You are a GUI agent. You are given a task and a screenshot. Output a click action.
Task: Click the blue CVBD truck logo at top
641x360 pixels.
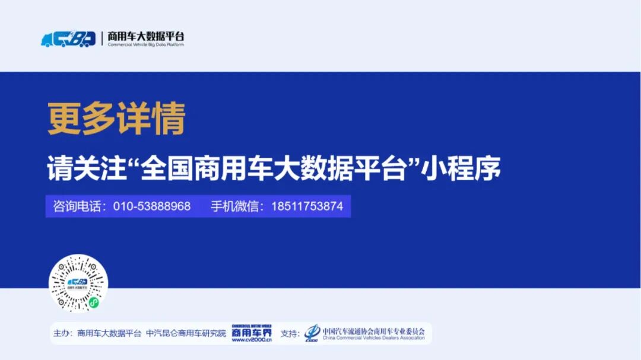coord(68,39)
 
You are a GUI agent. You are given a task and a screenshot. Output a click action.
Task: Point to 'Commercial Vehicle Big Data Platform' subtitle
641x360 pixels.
coord(145,45)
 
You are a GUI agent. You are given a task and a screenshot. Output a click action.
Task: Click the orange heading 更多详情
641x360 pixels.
coord(116,119)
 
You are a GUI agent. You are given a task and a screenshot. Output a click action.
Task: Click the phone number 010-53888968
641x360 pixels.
coord(152,206)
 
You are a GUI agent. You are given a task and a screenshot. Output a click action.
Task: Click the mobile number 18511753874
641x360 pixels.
coord(307,206)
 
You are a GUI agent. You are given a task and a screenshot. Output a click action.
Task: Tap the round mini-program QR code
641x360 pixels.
coord(78,283)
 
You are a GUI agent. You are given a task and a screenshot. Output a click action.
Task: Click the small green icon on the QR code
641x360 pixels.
coord(93,302)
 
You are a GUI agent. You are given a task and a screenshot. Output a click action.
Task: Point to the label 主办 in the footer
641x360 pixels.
coord(62,334)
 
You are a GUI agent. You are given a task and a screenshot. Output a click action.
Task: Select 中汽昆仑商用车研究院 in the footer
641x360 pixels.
coord(186,334)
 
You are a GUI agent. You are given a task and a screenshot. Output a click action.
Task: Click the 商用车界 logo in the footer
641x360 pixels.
coord(251,331)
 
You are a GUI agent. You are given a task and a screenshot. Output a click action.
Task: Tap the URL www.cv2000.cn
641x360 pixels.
coord(251,340)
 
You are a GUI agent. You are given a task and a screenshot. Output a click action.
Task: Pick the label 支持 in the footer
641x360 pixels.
coord(290,334)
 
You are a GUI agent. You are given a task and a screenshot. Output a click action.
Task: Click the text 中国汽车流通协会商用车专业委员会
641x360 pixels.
coord(373,330)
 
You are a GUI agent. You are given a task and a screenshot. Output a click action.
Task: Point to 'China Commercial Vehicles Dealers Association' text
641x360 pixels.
coord(373,338)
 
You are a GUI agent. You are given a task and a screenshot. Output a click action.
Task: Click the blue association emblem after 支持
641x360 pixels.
coord(312,334)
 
